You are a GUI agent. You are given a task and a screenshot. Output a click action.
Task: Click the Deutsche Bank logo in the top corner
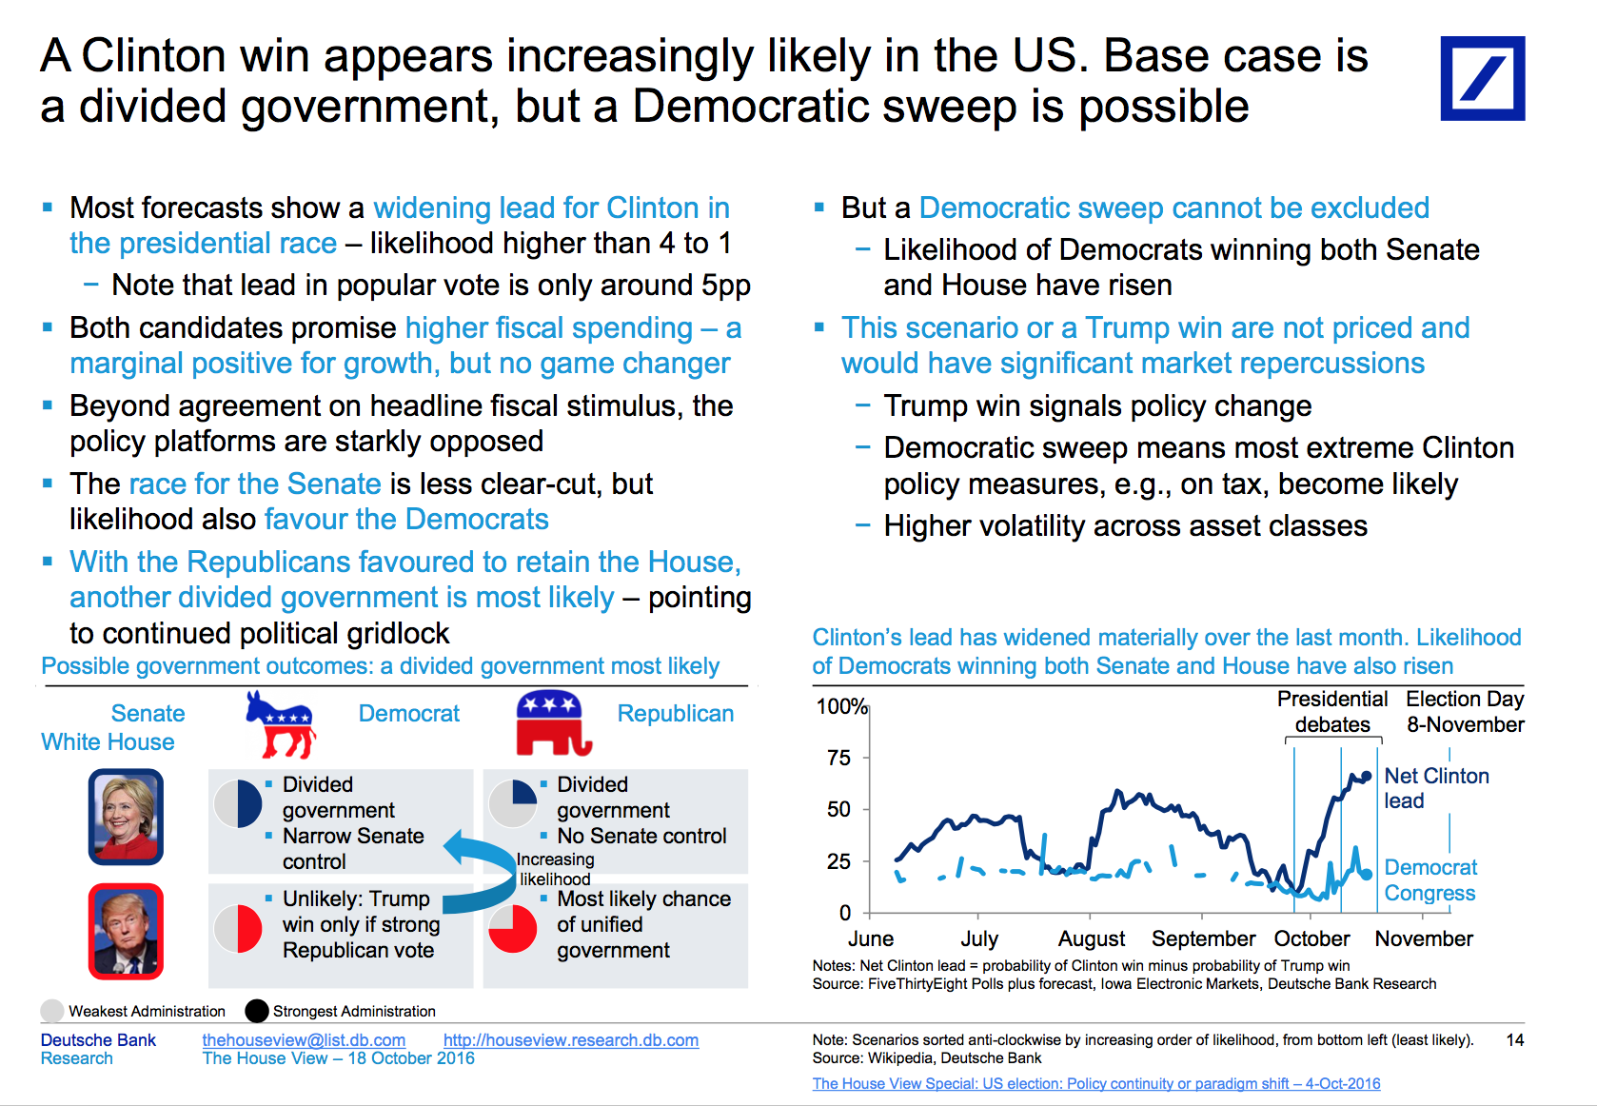coord(1482,78)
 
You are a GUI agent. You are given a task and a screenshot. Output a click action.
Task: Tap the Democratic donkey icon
coord(281,723)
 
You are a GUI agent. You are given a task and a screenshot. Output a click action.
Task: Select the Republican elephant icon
coord(553,722)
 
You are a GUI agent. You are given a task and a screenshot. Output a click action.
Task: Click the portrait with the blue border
coord(127,817)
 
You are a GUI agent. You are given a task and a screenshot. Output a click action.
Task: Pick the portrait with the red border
coord(127,931)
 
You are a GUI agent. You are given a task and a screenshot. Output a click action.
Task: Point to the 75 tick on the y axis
coord(838,758)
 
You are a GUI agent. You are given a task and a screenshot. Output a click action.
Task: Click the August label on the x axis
coord(1091,938)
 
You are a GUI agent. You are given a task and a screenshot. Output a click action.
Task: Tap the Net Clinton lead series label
coord(1436,788)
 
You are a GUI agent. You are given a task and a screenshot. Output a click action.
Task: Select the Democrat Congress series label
coord(1430,880)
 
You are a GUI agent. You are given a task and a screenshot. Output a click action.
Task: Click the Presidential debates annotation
coord(1331,712)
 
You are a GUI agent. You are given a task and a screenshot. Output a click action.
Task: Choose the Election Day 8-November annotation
coord(1465,712)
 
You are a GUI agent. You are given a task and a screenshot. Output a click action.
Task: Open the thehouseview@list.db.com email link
coord(304,1040)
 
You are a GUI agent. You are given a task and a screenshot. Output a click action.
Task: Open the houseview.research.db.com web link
coord(570,1040)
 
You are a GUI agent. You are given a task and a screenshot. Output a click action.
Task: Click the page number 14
coord(1515,1040)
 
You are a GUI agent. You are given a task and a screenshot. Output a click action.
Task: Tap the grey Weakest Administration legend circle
coord(52,1011)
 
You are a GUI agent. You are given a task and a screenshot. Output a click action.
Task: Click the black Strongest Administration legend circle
coord(257,1011)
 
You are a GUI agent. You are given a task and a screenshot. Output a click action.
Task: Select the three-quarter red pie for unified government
coord(513,928)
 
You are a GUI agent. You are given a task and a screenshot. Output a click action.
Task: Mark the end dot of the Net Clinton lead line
coord(1366,776)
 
